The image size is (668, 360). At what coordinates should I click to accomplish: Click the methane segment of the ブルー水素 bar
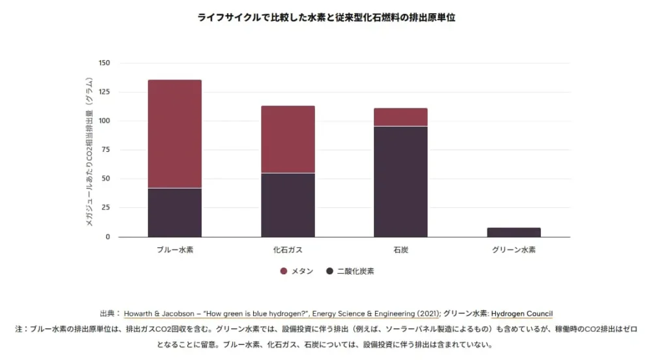[x=174, y=134]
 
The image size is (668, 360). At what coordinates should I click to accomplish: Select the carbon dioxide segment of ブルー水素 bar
[x=174, y=213]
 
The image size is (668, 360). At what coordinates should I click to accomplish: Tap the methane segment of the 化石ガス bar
[x=288, y=139]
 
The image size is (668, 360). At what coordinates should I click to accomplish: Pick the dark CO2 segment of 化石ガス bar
[x=288, y=205]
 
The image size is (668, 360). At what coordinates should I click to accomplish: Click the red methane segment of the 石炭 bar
[x=401, y=117]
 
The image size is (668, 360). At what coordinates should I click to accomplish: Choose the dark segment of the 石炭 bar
[x=401, y=181]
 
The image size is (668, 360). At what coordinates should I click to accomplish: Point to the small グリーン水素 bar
[x=514, y=232]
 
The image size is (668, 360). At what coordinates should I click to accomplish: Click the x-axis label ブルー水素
[x=174, y=250]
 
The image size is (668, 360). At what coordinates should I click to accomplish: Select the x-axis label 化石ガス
[x=288, y=250]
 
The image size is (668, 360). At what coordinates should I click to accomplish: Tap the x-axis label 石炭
[x=401, y=250]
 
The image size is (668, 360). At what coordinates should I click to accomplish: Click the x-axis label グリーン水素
[x=514, y=250]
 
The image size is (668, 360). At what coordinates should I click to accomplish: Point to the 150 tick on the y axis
[x=104, y=63]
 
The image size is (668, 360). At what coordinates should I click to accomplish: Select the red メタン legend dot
[x=284, y=271]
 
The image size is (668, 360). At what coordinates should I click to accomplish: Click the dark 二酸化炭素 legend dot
[x=330, y=271]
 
